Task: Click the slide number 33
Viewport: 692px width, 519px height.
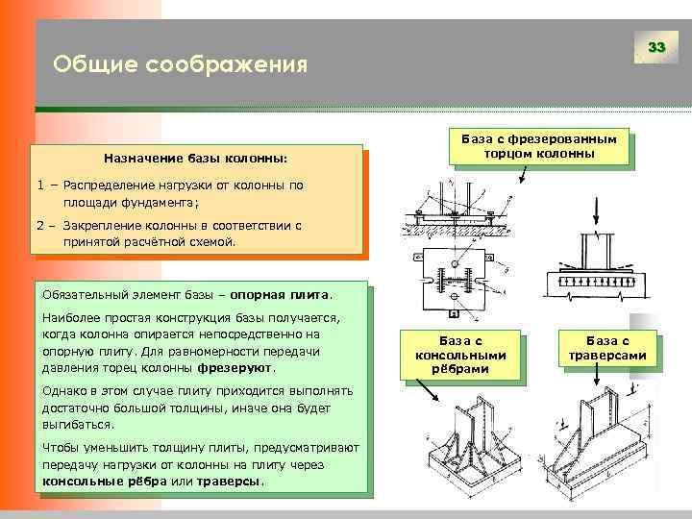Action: [x=656, y=47]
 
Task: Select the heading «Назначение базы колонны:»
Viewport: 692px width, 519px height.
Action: [x=196, y=157]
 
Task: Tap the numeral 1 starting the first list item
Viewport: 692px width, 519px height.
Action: [x=41, y=185]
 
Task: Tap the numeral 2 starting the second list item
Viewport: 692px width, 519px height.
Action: [x=41, y=225]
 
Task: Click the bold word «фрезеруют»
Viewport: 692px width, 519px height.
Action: [x=235, y=368]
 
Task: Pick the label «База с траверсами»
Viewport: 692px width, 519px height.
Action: [x=607, y=347]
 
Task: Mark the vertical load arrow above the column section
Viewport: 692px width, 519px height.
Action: [x=596, y=210]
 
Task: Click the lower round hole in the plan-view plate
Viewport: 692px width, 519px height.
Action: [x=452, y=299]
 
